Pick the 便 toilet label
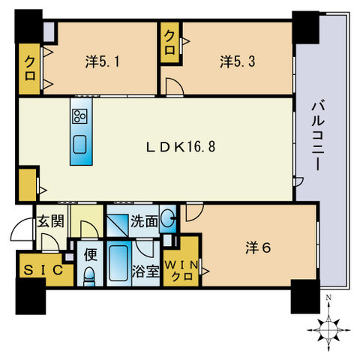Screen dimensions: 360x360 tap(88, 253)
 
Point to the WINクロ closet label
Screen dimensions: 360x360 tap(181, 268)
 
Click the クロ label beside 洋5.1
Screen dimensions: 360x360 tap(31, 62)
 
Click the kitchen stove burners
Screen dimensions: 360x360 tap(79, 115)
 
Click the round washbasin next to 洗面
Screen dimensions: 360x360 tap(168, 221)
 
